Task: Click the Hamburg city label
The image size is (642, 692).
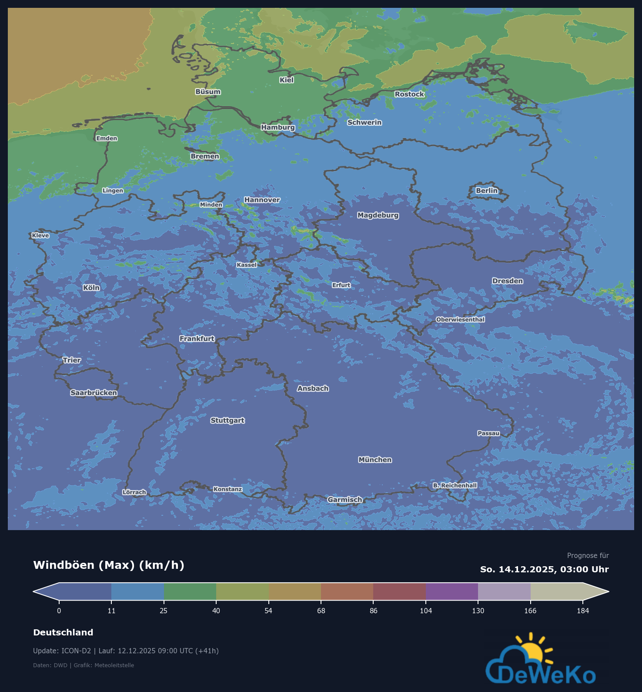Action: pos(278,127)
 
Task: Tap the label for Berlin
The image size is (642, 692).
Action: pos(486,191)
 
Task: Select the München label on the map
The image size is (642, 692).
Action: pos(375,460)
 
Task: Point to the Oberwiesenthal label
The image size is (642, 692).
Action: pos(460,319)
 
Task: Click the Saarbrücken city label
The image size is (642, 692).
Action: pos(94,393)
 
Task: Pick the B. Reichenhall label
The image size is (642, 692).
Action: pos(455,485)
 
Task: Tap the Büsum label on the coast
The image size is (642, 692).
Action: pos(208,92)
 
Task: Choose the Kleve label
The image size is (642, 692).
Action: pos(40,235)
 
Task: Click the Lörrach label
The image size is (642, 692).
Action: pos(134,492)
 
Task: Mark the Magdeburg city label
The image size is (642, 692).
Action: pos(378,215)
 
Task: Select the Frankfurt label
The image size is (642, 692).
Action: pos(197,339)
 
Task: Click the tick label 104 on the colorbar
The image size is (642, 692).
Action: pos(426,611)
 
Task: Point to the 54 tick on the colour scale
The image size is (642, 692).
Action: pos(268,611)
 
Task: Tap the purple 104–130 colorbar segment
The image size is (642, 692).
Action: pos(451,591)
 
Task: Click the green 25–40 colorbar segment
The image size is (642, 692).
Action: pos(190,591)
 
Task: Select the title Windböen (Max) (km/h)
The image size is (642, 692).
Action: pos(109,565)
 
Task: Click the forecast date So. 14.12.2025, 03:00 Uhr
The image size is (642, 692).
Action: pos(544,569)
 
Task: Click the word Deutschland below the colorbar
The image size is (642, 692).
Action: pos(63,632)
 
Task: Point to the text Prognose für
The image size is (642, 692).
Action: pos(588,555)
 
